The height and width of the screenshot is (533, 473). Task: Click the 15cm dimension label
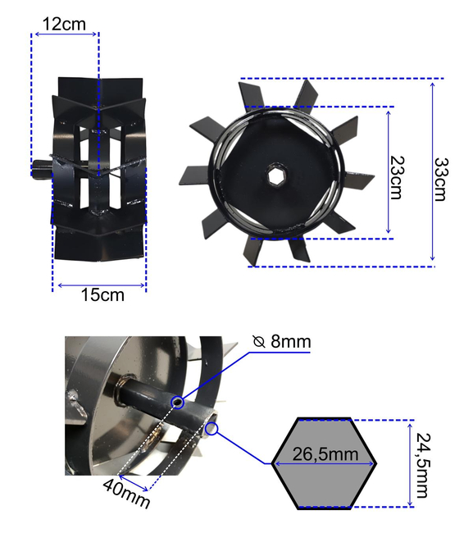coord(102,294)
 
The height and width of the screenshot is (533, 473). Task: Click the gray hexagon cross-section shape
coord(325,476)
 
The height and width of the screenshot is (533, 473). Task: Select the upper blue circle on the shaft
coord(178,402)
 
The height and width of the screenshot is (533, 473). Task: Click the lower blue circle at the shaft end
coord(211,426)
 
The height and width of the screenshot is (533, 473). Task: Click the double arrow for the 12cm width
coord(65,34)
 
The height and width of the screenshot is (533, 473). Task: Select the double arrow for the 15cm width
coord(100,285)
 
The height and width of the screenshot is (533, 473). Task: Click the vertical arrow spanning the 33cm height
coord(432,172)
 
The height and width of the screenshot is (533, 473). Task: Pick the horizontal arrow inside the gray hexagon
coord(325,464)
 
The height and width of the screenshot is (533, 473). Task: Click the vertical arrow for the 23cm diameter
coord(389,172)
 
